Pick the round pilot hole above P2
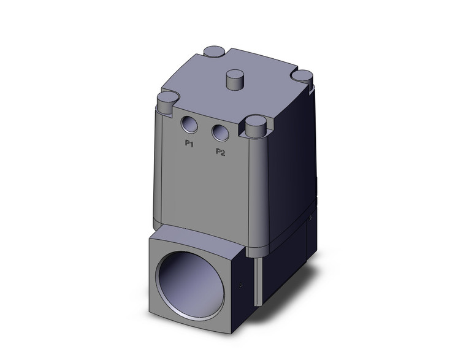(x=219, y=132)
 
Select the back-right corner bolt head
(x=302, y=76)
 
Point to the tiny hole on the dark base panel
(x=311, y=218)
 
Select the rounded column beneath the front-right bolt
(x=258, y=184)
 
